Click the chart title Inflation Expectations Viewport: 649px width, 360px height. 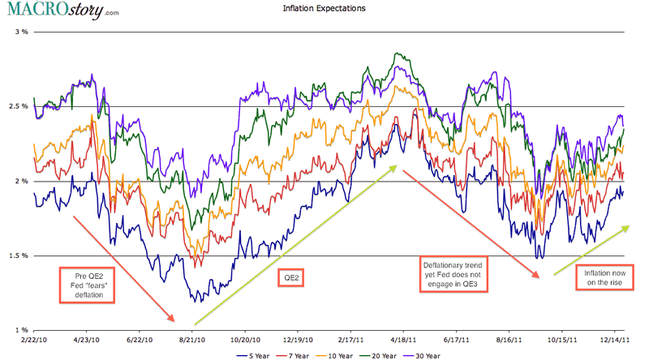coord(324,8)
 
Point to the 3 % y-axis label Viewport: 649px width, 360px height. coord(20,32)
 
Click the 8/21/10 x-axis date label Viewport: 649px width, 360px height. coord(192,341)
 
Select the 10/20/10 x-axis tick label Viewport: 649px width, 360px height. coord(245,341)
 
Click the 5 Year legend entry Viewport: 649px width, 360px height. coord(258,355)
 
